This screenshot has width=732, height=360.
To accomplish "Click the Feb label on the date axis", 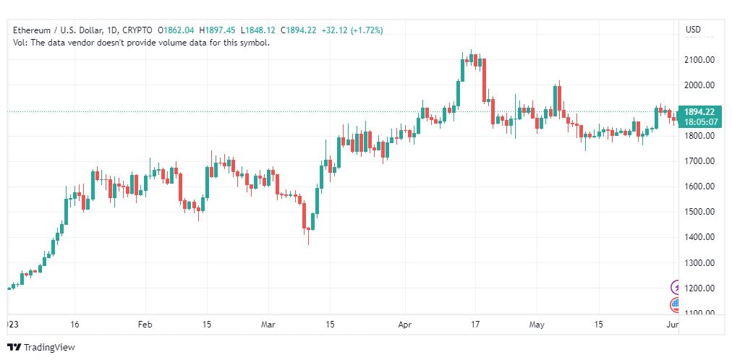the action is point(145,325).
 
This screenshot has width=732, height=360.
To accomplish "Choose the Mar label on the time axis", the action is point(269,325).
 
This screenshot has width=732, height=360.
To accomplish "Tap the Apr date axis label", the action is point(405,325).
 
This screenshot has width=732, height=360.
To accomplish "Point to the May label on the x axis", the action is point(537,325).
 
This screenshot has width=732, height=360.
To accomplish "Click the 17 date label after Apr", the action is point(475,325).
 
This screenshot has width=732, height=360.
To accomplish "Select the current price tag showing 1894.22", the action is point(699,112).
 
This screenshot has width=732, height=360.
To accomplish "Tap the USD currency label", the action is point(693,30).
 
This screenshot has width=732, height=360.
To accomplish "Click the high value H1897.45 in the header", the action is point(218,30).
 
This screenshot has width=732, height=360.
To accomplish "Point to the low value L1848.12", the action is point(258,30).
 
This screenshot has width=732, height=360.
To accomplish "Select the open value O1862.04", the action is point(176,30).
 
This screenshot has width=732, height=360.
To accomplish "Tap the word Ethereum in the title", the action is point(32,30).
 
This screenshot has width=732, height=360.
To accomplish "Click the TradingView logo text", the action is point(49,348).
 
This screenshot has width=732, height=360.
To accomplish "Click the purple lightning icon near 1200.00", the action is point(676,287).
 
